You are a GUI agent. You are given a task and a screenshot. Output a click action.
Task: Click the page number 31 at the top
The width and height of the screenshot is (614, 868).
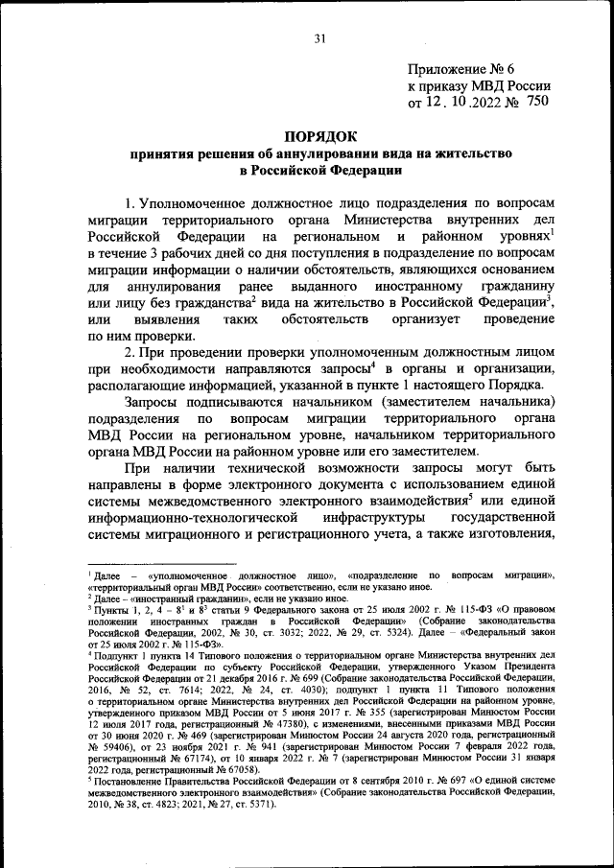pyautogui.click(x=320, y=38)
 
